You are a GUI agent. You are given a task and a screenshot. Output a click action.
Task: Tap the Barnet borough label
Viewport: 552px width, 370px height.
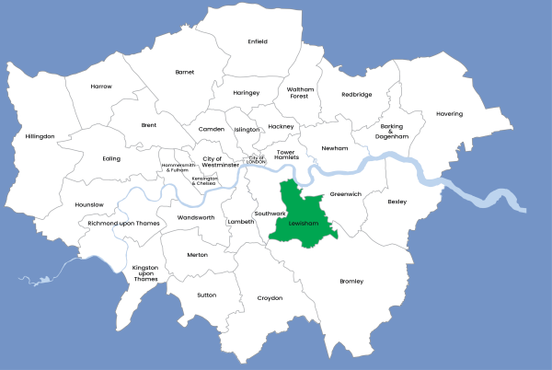click(185, 71)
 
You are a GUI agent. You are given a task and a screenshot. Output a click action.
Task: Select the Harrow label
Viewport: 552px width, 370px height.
click(101, 87)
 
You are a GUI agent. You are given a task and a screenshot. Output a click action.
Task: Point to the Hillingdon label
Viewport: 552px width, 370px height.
click(40, 136)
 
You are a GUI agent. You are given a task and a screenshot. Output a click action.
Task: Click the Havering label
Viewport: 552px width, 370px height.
click(450, 114)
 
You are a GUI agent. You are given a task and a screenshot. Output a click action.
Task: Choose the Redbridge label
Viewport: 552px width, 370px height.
click(357, 94)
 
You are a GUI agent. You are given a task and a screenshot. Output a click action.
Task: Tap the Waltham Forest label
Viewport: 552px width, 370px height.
click(301, 91)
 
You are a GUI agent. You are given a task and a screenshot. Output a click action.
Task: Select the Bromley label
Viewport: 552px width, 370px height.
click(351, 281)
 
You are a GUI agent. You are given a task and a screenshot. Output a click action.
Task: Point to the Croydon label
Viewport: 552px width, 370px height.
click(270, 298)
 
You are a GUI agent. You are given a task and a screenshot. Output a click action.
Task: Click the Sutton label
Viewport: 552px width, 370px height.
click(207, 295)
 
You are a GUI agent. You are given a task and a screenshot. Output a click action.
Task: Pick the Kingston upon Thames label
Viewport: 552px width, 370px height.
click(145, 273)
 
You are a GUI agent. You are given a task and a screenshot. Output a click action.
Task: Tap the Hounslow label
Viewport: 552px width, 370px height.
click(89, 204)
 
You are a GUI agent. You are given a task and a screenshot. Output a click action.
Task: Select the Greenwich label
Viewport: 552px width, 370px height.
click(346, 194)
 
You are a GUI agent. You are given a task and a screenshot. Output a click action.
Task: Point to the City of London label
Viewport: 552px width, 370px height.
click(257, 160)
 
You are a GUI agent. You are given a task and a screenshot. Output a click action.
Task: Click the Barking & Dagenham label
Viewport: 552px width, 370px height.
click(391, 132)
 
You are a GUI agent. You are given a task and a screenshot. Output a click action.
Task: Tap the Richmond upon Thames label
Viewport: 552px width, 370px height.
click(124, 224)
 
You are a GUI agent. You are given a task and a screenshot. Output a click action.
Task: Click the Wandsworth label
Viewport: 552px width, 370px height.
click(196, 217)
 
